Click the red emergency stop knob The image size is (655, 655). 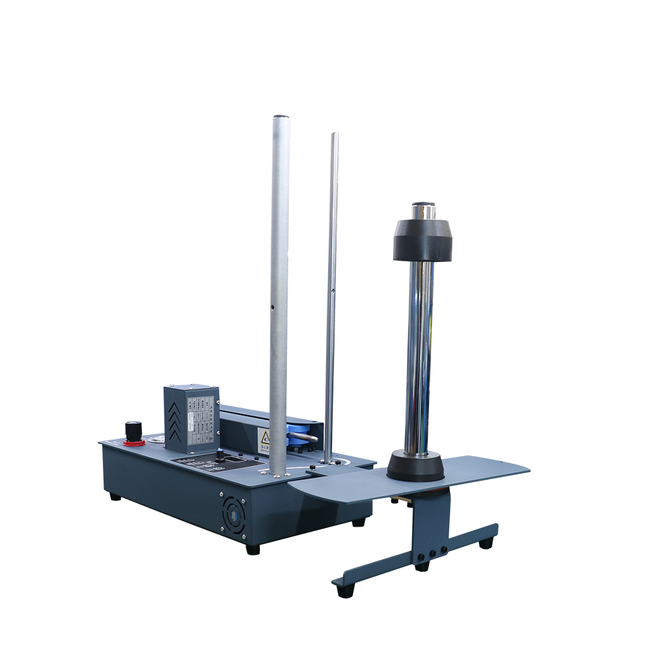134,432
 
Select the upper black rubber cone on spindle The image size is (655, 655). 423,240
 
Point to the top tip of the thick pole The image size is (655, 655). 280,119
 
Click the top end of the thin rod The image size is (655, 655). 335,135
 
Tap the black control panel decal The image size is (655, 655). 216,463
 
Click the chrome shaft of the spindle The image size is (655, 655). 419,354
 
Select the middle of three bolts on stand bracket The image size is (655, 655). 432,553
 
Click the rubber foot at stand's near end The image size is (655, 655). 341,591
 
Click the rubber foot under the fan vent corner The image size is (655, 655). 252,549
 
